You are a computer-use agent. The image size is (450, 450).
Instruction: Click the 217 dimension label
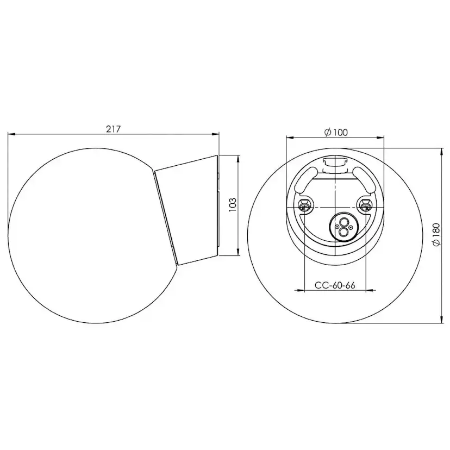[114, 129]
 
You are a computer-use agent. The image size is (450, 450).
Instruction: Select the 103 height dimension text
[233, 205]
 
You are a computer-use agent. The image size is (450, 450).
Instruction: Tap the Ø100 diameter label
[335, 132]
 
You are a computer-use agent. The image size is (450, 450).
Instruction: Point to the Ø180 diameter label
[436, 234]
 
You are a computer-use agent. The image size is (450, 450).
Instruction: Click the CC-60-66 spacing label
[335, 285]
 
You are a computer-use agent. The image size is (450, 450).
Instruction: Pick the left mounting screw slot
[304, 205]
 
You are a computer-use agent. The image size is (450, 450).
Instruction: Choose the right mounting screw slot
[366, 205]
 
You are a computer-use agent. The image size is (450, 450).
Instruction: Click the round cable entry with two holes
[342, 227]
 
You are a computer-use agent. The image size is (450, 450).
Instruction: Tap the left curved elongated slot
[307, 180]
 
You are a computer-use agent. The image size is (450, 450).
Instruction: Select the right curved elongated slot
[364, 180]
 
